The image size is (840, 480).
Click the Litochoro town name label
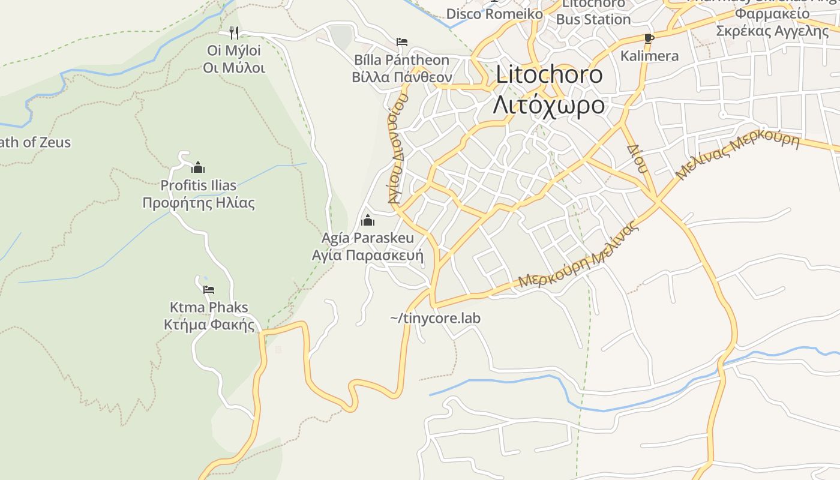(x=549, y=74)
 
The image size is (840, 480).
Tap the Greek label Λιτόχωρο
(x=549, y=104)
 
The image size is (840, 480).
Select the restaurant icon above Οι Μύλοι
(x=234, y=32)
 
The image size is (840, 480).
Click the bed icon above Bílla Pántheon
(x=402, y=42)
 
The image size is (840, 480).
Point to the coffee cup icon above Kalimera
(x=649, y=38)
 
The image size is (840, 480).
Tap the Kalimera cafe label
(x=649, y=56)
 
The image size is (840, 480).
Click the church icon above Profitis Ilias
(x=198, y=167)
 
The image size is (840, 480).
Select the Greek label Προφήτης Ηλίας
(x=199, y=202)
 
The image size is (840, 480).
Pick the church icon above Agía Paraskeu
(x=368, y=220)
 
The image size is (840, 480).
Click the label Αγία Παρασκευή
(x=368, y=256)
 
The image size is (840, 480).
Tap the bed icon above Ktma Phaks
(x=209, y=290)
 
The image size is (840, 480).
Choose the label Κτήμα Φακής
(x=209, y=325)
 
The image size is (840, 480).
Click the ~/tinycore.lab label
(x=435, y=318)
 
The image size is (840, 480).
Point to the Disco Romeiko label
(x=494, y=14)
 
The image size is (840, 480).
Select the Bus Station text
(x=593, y=19)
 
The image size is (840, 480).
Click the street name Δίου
(x=638, y=158)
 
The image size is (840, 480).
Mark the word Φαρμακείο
(x=773, y=13)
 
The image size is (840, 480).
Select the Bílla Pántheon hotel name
(x=401, y=60)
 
